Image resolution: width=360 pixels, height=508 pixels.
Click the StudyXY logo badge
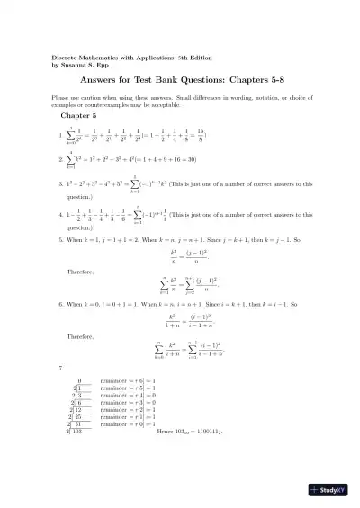[x=330, y=490]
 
